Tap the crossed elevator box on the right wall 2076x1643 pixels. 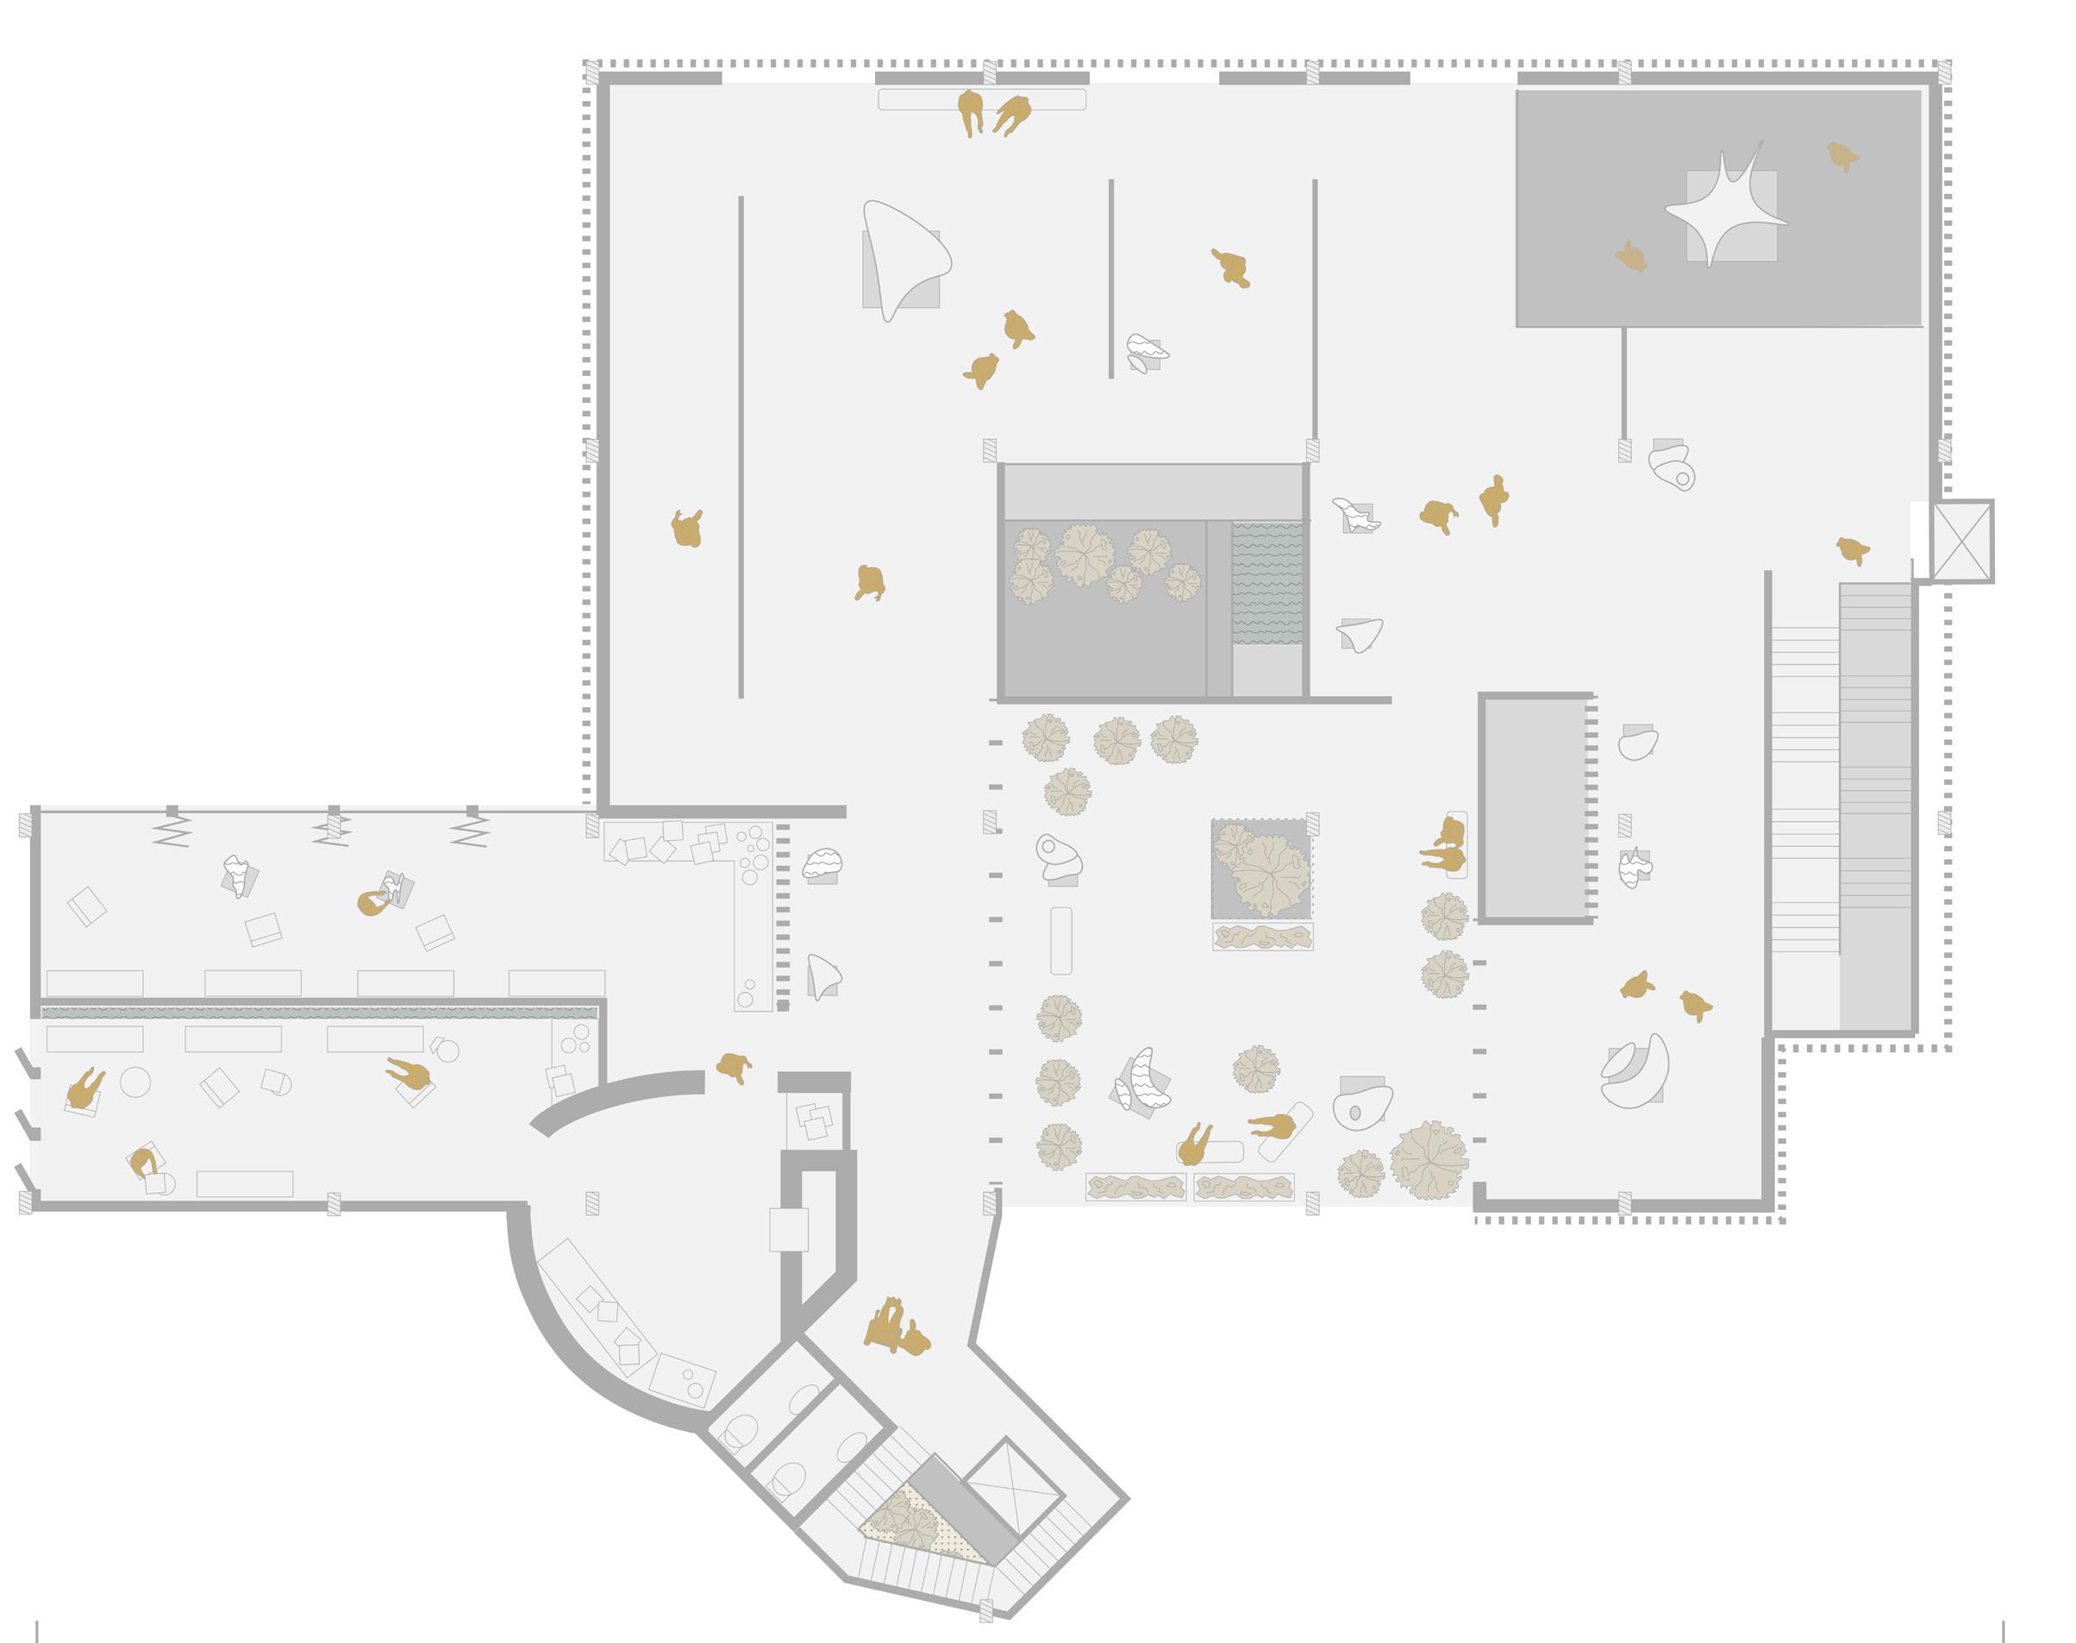1961,541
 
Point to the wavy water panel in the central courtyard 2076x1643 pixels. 1267,583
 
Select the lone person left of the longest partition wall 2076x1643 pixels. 686,529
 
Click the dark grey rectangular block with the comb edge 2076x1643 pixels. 1535,807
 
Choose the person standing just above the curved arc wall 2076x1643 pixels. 734,1066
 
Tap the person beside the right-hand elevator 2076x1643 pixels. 1852,551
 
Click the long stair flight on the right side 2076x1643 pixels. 1874,806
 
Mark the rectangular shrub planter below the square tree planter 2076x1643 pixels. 1262,936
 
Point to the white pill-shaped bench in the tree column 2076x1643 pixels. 1060,940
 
